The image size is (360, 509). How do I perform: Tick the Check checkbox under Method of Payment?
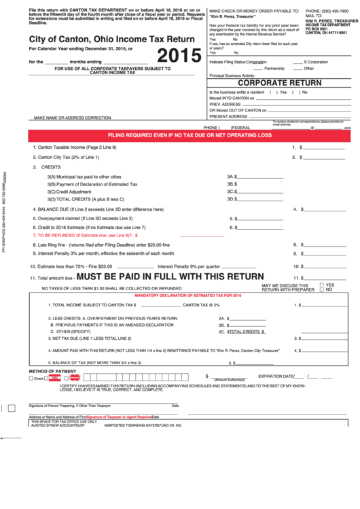tap(31, 378)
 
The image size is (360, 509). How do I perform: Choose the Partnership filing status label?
tap(274, 68)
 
